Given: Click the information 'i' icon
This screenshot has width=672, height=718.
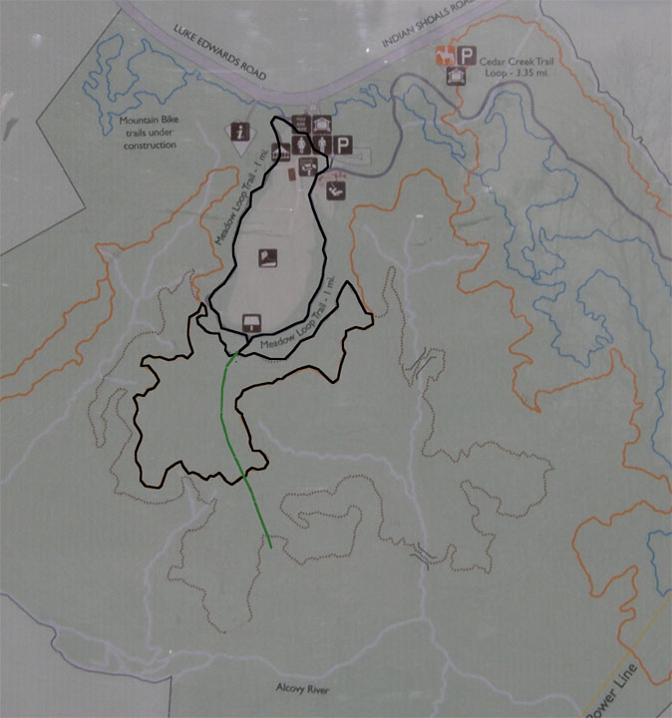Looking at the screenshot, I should coord(239,131).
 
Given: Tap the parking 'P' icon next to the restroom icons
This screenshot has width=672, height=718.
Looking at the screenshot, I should coord(341,146).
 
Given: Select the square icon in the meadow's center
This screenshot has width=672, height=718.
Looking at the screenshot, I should coord(266,259).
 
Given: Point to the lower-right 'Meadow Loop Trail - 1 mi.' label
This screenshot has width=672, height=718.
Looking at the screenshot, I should coord(294,330).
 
